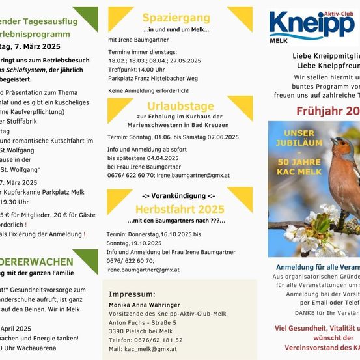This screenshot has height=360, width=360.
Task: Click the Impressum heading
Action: pyautogui.click(x=136, y=294)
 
